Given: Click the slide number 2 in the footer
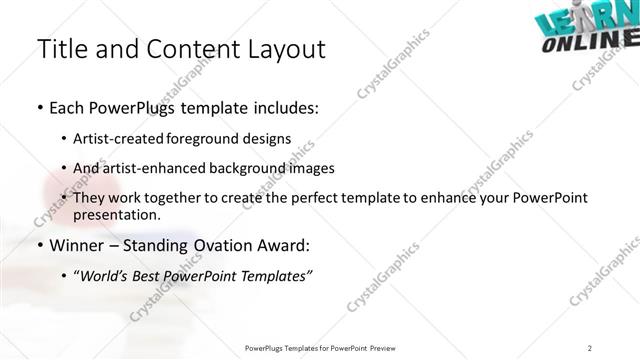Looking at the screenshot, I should click(x=590, y=347).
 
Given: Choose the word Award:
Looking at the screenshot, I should click(x=284, y=245).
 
